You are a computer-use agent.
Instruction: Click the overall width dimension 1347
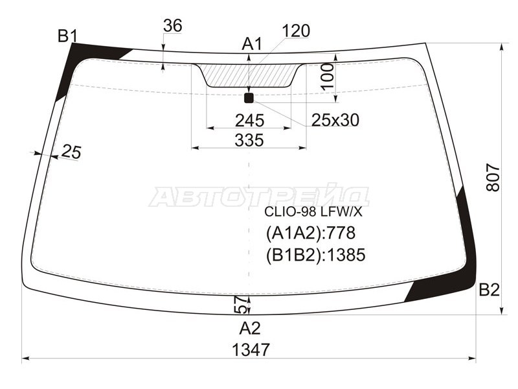[250, 349]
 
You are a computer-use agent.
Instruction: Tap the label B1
[67, 36]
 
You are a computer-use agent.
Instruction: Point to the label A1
[251, 44]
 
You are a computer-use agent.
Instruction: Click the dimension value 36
[172, 26]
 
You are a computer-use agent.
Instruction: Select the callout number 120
[296, 30]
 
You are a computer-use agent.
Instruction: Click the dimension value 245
[249, 120]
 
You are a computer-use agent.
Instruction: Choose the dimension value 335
[249, 139]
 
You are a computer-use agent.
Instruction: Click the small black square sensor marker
[249, 98]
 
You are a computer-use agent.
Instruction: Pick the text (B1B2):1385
[315, 255]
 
